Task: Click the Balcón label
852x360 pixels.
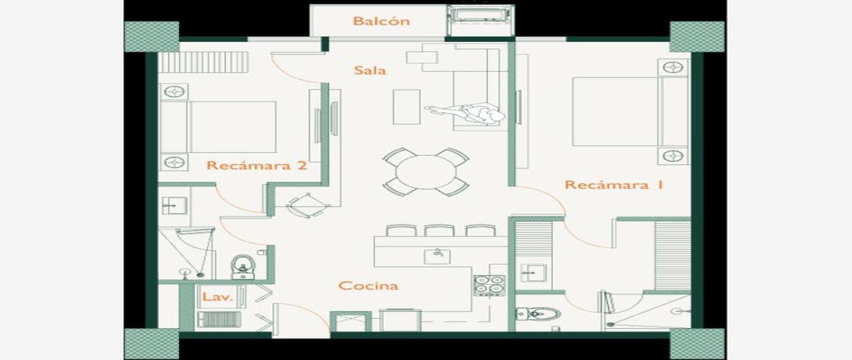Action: (381, 21)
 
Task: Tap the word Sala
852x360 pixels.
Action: (370, 70)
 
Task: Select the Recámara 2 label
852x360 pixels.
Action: (257, 165)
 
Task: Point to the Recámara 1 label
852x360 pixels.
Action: (614, 185)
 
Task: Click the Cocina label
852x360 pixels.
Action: (368, 285)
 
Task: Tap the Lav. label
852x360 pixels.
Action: (217, 296)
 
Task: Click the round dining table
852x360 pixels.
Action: (425, 172)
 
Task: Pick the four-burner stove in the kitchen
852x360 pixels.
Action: (489, 285)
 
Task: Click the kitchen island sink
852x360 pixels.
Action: (437, 256)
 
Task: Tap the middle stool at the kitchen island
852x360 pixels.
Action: (439, 231)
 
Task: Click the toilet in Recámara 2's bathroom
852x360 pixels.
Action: (243, 267)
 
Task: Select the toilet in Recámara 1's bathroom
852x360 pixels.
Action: (538, 315)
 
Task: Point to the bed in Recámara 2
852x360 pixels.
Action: (219, 126)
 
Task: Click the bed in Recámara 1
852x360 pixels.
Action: (630, 111)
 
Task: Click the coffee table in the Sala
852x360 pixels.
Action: (407, 107)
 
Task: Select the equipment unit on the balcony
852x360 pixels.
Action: (480, 20)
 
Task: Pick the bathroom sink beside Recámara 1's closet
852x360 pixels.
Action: (534, 273)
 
